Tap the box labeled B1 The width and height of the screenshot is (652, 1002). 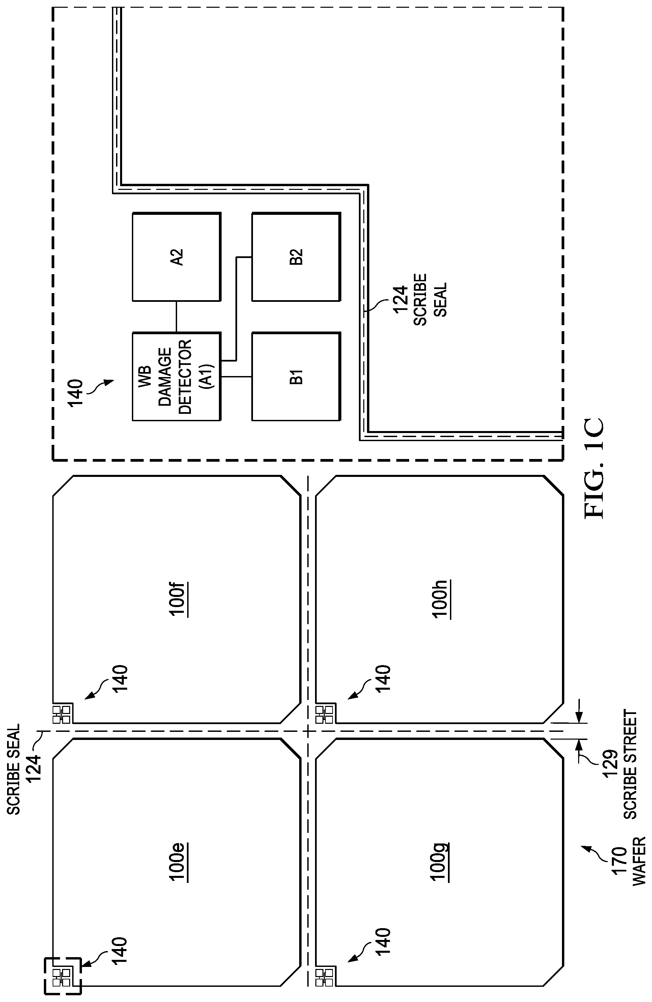tap(296, 376)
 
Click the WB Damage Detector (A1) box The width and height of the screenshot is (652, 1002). tap(176, 376)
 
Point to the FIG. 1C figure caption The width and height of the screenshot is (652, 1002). tap(594, 467)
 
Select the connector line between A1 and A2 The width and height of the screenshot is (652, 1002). tap(176, 317)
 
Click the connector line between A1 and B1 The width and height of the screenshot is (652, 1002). tap(236, 376)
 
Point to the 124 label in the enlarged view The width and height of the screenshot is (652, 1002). tap(400, 299)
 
